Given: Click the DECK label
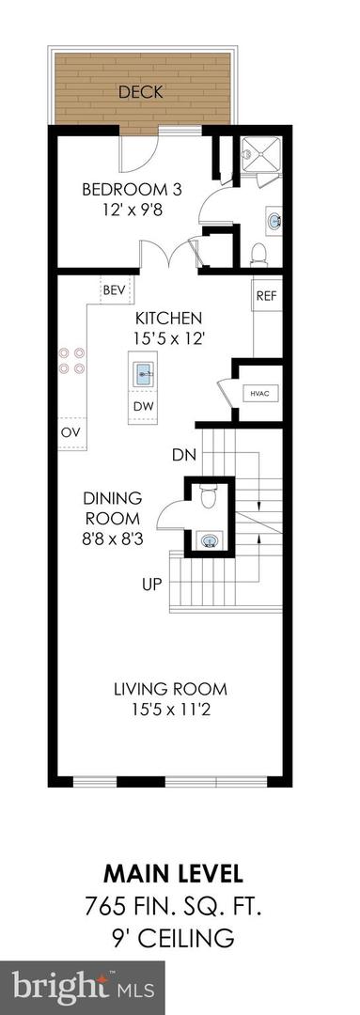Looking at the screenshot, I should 141,92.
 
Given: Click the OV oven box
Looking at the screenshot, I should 70,432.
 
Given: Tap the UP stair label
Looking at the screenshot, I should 152,584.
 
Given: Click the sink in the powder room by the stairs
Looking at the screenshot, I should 211,539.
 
